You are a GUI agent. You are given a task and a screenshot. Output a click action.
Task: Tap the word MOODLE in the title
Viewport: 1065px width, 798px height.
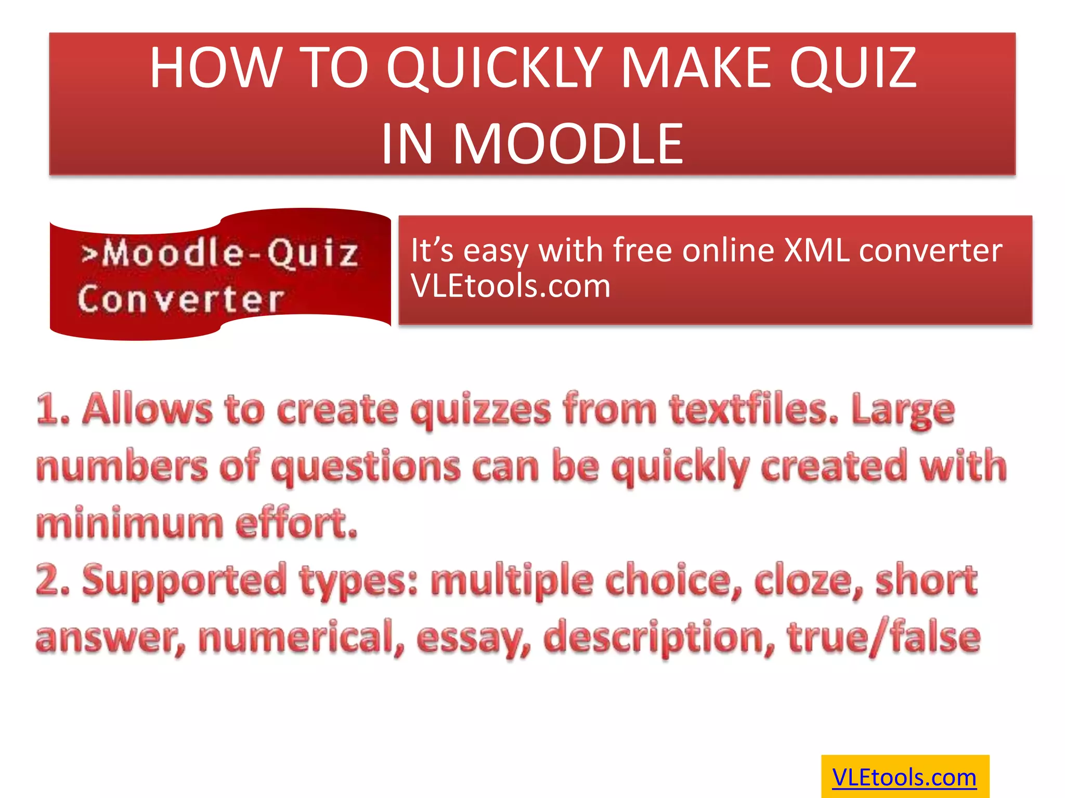pos(568,144)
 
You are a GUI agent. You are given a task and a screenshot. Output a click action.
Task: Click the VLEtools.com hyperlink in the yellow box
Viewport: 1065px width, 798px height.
pos(904,777)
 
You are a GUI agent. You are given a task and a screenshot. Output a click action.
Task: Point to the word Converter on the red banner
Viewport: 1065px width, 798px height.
pos(181,300)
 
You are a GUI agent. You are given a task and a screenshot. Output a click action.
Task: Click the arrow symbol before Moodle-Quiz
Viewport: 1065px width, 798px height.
pos(89,254)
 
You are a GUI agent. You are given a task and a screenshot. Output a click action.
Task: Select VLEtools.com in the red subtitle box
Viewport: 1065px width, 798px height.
pos(510,286)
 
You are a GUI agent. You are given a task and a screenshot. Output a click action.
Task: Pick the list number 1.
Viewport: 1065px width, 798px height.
pos(52,409)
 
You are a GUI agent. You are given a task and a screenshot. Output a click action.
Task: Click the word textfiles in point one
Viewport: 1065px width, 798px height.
pos(754,409)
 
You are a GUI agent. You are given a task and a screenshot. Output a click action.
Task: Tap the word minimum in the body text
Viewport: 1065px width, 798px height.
pos(129,523)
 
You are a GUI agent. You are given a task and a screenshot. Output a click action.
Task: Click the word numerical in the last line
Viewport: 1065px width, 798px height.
pos(301,637)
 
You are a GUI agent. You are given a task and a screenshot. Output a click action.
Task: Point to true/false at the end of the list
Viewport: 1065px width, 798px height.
pos(884,637)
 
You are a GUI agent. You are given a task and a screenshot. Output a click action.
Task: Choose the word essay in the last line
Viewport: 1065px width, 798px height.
pos(474,638)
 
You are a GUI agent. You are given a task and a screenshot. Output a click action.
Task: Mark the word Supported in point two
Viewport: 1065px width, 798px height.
pos(184,580)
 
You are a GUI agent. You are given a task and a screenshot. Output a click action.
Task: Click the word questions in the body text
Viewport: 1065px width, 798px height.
pos(366,467)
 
